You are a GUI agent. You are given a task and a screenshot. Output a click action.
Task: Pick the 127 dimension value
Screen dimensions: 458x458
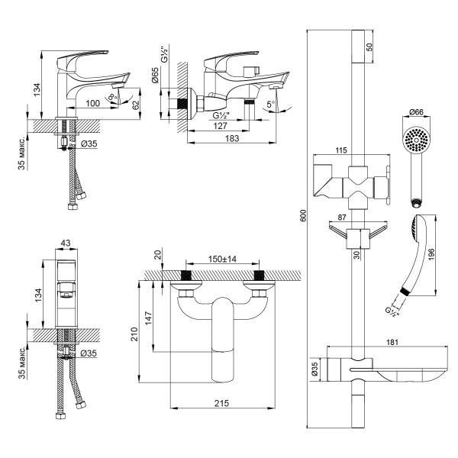(x=220, y=127)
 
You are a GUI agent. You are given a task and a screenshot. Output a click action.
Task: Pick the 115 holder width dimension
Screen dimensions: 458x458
(x=351, y=152)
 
